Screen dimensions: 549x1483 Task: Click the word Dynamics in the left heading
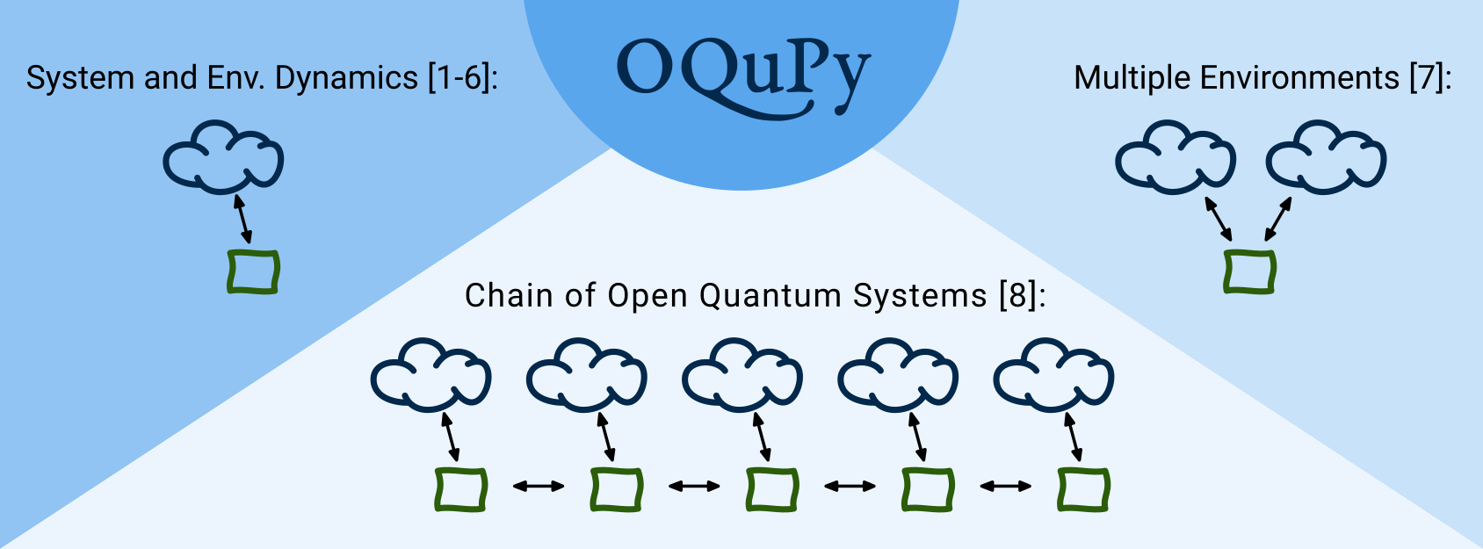click(x=346, y=78)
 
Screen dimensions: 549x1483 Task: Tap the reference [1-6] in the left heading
click(x=460, y=78)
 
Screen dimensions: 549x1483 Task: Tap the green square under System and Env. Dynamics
click(x=253, y=272)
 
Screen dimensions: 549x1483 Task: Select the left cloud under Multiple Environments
click(x=1175, y=158)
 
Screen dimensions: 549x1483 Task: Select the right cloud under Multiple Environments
click(x=1326, y=158)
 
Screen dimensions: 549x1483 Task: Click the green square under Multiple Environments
click(x=1249, y=271)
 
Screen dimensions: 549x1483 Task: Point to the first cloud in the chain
click(x=430, y=376)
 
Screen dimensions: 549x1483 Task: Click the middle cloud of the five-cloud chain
click(x=742, y=376)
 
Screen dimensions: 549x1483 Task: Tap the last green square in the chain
click(x=1083, y=489)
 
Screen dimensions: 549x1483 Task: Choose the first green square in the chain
click(x=461, y=489)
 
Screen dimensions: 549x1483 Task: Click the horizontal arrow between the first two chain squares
click(x=539, y=486)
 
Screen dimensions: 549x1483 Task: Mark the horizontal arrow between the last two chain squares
click(x=1006, y=486)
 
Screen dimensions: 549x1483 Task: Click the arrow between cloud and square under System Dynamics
click(x=242, y=219)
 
